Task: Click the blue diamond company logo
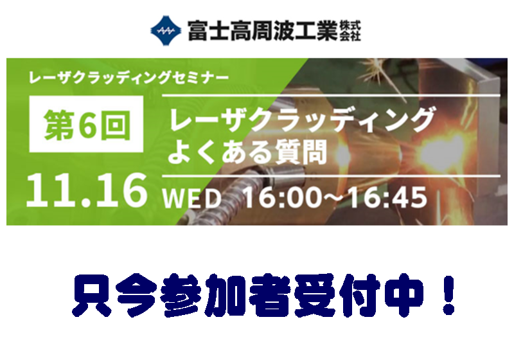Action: click(x=166, y=30)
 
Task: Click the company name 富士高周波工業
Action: click(x=263, y=30)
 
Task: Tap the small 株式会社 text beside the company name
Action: click(x=350, y=31)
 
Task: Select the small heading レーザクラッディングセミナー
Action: click(x=128, y=78)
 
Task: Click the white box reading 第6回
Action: click(x=86, y=124)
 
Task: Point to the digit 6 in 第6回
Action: click(x=87, y=125)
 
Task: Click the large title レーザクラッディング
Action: click(x=302, y=120)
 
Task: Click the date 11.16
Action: click(x=87, y=190)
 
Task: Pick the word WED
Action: click(x=191, y=198)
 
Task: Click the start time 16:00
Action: click(x=282, y=197)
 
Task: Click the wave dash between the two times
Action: click(x=335, y=197)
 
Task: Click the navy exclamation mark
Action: click(x=448, y=294)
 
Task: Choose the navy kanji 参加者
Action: click(x=226, y=295)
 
